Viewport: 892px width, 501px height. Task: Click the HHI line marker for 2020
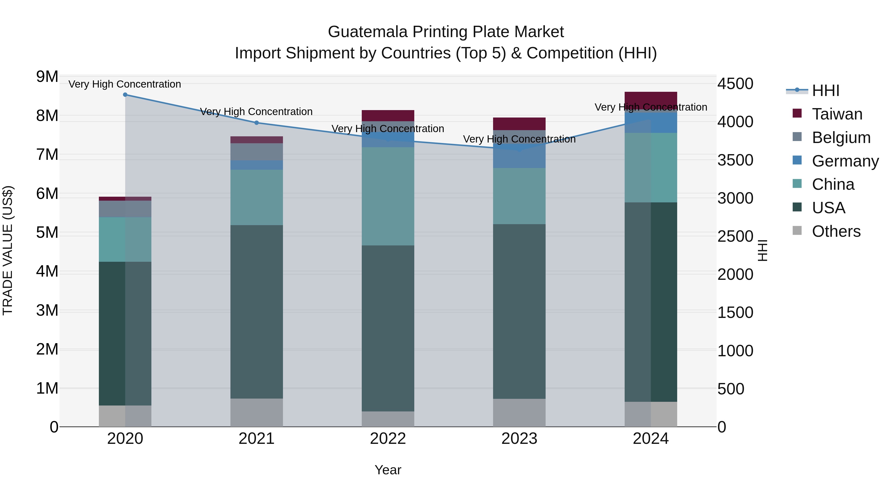[x=125, y=95]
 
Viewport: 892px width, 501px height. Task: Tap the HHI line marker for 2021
[x=257, y=123]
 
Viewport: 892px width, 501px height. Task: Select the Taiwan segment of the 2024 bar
[x=651, y=99]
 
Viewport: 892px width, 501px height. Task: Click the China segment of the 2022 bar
[x=388, y=196]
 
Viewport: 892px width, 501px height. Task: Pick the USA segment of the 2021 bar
[x=257, y=312]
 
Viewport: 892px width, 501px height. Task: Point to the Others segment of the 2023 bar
[x=519, y=413]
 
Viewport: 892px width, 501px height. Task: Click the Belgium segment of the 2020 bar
[x=125, y=209]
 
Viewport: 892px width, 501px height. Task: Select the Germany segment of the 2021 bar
[x=257, y=165]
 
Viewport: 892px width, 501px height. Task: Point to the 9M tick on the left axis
[x=47, y=77]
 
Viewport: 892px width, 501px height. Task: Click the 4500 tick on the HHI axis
[x=735, y=84]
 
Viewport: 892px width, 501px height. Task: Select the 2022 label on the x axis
[x=388, y=439]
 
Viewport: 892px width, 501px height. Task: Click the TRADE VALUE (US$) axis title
[x=8, y=251]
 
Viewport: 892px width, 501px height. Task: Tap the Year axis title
[x=388, y=470]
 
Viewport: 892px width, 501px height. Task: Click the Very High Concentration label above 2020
[x=125, y=84]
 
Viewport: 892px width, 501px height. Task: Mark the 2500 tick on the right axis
[x=735, y=237]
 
